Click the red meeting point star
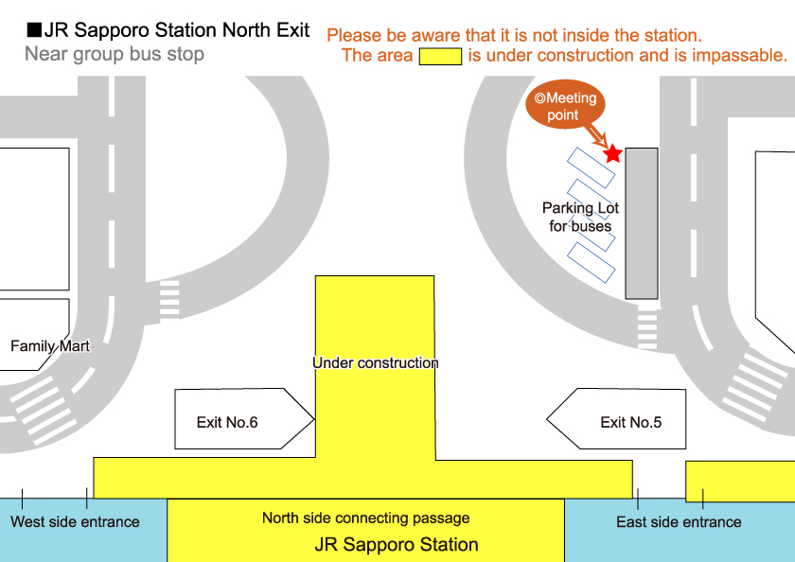tap(612, 152)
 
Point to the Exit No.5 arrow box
tap(618, 419)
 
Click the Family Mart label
tap(50, 346)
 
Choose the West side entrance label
tap(75, 522)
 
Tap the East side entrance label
tap(679, 522)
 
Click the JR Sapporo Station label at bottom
tap(397, 545)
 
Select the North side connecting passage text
tap(365, 518)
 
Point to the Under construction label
tap(376, 363)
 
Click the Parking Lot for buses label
tap(580, 217)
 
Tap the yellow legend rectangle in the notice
tap(440, 56)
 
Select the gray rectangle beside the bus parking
tap(642, 223)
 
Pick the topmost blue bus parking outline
tap(592, 167)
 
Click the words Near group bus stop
tap(115, 54)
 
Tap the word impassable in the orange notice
tap(742, 56)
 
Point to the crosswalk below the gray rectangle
tap(647, 326)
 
